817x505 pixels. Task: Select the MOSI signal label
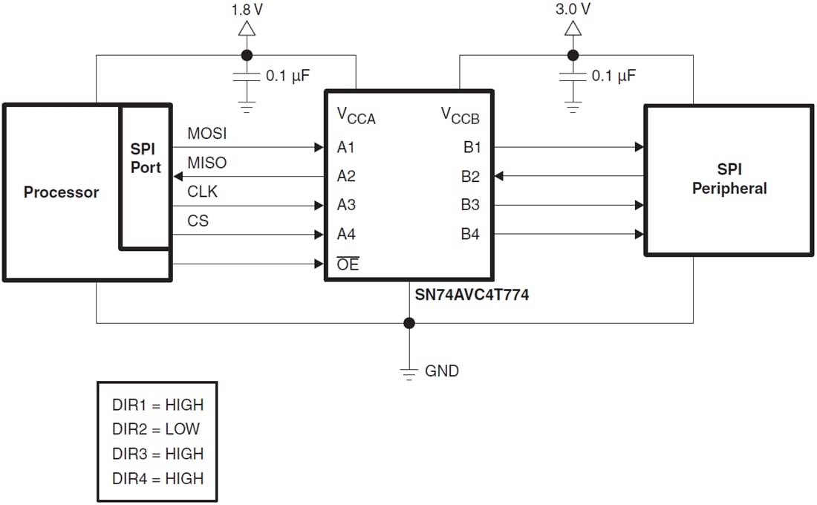(207, 134)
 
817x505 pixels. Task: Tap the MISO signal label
(207, 163)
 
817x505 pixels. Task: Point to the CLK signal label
(202, 192)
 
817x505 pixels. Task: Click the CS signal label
(198, 221)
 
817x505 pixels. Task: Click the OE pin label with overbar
(348, 264)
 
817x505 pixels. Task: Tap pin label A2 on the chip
(346, 176)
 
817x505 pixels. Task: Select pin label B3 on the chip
(470, 205)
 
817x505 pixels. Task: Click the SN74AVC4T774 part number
(472, 295)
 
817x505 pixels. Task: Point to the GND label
(442, 371)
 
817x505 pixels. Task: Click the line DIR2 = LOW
(156, 429)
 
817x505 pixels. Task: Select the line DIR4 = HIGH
(157, 478)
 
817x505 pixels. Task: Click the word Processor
(61, 192)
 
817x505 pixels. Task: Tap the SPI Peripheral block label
(729, 179)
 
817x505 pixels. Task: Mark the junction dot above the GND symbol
(408, 323)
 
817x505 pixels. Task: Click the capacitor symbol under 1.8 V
(247, 76)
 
